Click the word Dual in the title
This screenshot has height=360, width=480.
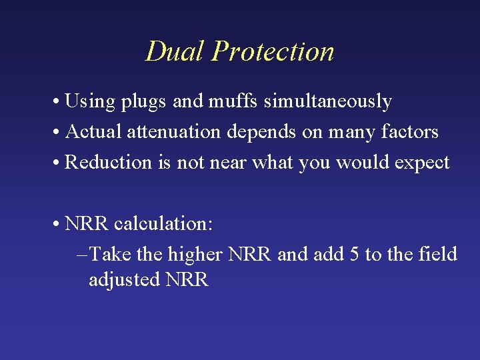[x=175, y=51]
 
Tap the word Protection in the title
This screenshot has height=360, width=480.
[x=273, y=51]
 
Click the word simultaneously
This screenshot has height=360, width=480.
[x=328, y=102]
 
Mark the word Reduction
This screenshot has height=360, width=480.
[x=109, y=163]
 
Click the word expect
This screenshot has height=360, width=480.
[x=423, y=163]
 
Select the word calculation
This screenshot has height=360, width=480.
[x=163, y=224]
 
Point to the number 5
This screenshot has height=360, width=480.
[x=354, y=255]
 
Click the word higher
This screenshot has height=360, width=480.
[x=195, y=255]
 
